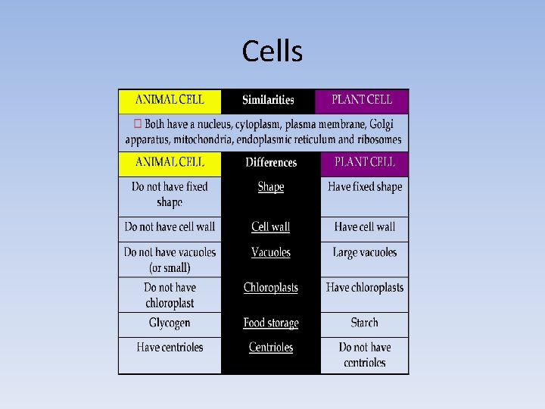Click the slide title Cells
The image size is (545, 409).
(x=272, y=52)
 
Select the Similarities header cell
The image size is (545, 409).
(x=268, y=100)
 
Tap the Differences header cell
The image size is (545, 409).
(x=271, y=163)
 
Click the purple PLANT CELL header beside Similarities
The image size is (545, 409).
(x=364, y=100)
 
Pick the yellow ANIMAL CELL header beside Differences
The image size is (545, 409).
(x=170, y=162)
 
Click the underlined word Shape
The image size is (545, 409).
(x=270, y=187)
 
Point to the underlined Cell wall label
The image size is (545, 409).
(x=270, y=226)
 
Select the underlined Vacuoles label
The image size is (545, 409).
(x=270, y=252)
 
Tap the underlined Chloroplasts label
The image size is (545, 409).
(x=270, y=288)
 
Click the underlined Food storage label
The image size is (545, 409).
(x=270, y=323)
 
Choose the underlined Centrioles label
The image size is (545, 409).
(x=270, y=348)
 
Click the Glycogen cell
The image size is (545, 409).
(x=170, y=323)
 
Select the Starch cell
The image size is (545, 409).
(x=364, y=323)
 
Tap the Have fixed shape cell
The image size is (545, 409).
(x=365, y=187)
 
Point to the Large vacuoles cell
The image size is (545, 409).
(x=365, y=252)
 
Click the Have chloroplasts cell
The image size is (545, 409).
(x=365, y=288)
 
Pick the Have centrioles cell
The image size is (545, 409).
(x=170, y=348)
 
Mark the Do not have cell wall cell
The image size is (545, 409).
(x=170, y=226)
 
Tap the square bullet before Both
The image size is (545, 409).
(x=137, y=123)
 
